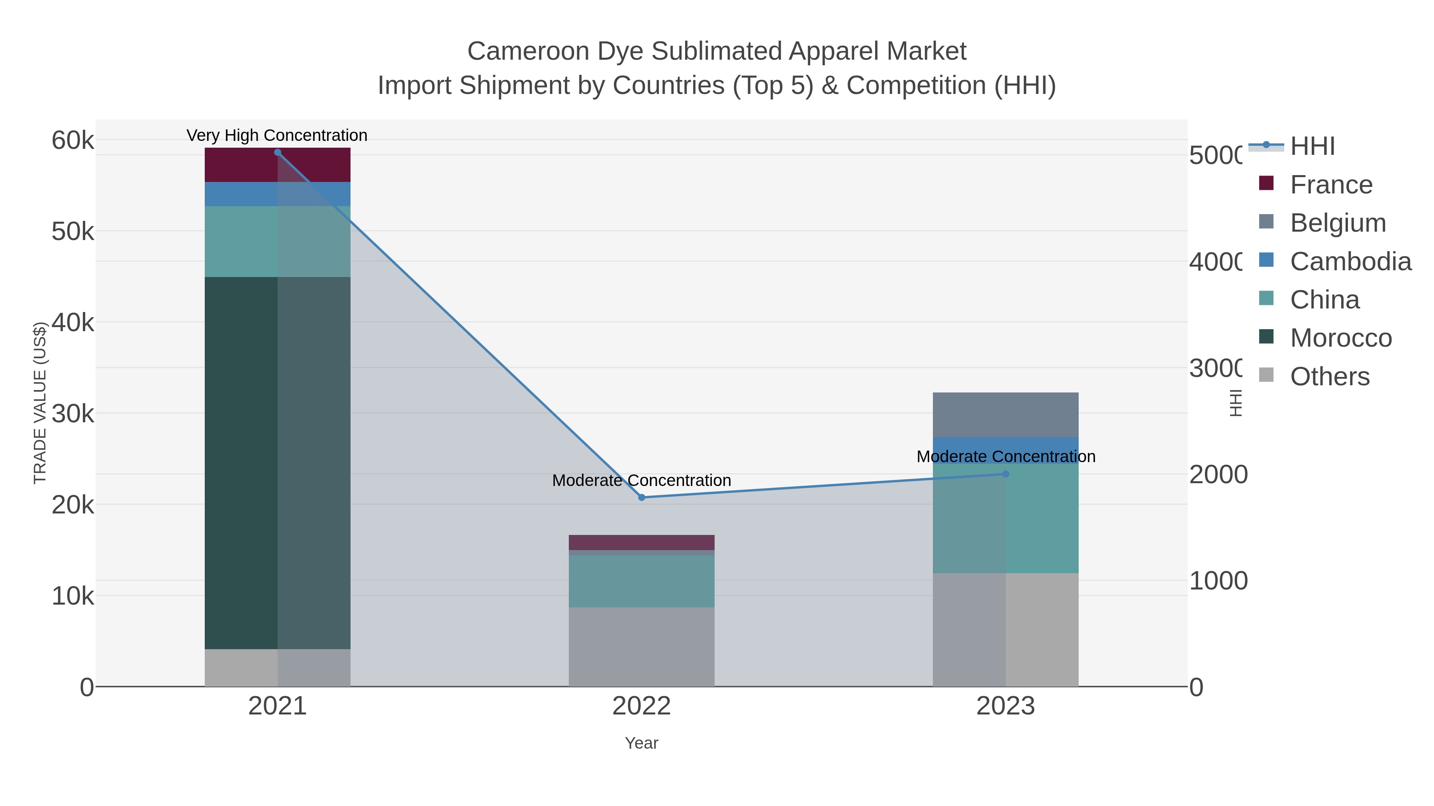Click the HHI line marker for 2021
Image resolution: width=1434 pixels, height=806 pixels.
(277, 152)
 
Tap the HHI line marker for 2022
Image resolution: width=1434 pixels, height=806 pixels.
(641, 497)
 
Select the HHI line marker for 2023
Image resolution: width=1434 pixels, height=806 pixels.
(1005, 474)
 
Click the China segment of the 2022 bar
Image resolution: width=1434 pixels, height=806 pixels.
(641, 581)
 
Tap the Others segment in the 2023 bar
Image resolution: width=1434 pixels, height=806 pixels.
(1005, 630)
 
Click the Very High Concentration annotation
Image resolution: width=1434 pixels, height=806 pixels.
(277, 135)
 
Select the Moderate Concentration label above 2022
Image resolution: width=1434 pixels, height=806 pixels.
(641, 480)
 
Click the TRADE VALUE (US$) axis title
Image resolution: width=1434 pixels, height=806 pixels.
(40, 403)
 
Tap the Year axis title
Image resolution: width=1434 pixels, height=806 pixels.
(641, 743)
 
